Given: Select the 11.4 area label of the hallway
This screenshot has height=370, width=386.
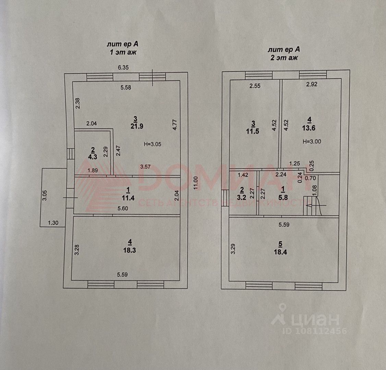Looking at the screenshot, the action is click(128, 197).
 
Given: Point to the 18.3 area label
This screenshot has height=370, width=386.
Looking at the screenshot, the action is click(129, 250).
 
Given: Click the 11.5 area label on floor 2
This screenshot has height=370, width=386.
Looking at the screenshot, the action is click(253, 131).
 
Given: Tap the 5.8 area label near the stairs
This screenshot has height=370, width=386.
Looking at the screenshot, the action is click(282, 197).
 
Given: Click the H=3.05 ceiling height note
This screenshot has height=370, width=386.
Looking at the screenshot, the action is click(152, 144).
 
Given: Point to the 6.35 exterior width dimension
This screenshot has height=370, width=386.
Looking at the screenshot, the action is click(123, 67).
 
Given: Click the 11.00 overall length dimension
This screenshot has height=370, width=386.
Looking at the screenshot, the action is click(196, 182).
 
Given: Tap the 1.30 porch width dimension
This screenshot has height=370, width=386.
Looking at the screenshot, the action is click(53, 223).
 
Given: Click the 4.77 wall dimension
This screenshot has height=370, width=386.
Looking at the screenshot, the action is click(175, 124).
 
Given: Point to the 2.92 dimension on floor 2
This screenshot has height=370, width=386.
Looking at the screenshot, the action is click(311, 86).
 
